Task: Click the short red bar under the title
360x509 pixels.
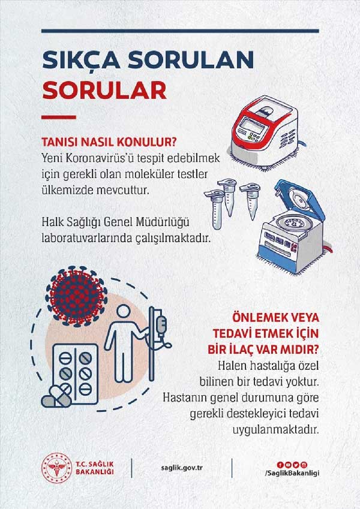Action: (x=58, y=116)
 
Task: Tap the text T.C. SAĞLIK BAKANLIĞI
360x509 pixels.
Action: (x=95, y=468)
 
